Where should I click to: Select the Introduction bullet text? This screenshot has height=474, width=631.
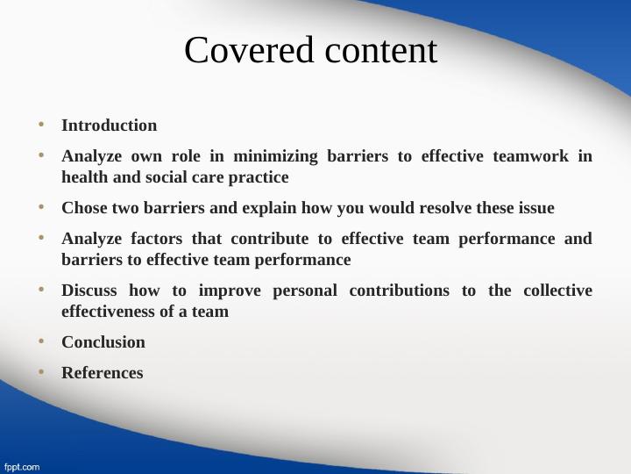109,126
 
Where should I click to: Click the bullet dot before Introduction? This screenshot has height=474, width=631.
40,125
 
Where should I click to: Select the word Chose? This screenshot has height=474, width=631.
83,208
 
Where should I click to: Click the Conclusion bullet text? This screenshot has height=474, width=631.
103,342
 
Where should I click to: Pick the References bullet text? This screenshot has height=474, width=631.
102,373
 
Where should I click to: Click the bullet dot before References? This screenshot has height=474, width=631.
40,372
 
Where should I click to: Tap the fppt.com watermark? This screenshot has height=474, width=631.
21,466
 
